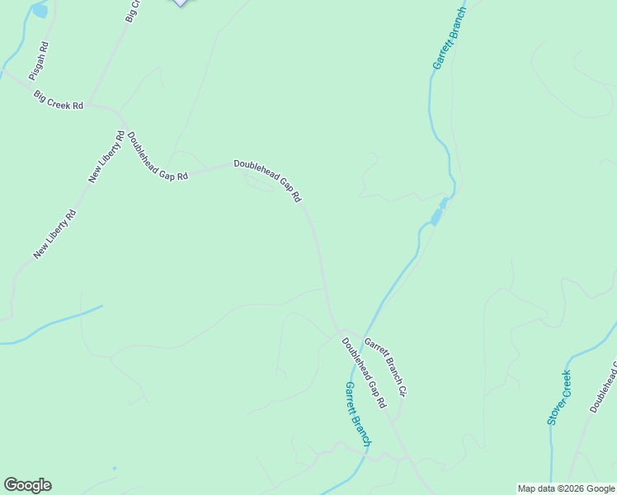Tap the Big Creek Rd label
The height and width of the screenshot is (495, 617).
tap(59, 101)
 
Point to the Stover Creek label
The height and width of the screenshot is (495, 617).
tap(560, 397)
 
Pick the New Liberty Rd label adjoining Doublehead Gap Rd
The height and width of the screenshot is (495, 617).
tap(107, 157)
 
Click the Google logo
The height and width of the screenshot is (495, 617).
tap(27, 485)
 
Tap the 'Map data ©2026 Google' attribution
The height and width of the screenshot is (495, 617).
tap(566, 488)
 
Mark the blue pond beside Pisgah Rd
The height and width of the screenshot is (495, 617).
tap(40, 11)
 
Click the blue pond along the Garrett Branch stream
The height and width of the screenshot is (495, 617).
tap(436, 217)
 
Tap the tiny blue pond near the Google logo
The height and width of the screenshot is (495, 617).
tap(115, 469)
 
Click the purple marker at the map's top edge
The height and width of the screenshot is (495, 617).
tap(180, 2)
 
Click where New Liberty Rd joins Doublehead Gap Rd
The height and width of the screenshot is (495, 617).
tap(120, 111)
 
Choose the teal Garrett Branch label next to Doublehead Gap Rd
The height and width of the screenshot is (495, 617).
tap(358, 413)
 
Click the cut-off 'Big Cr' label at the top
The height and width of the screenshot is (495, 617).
tap(133, 10)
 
